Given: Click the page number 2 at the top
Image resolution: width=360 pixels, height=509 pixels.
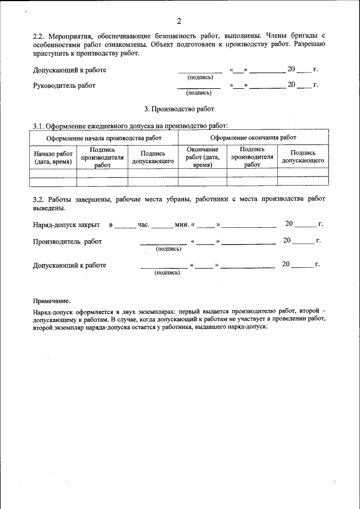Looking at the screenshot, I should click(179, 21).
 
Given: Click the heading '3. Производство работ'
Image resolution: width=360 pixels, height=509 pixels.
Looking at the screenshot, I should click(179, 107).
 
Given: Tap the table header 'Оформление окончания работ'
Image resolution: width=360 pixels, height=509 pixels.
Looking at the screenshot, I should click(253, 137).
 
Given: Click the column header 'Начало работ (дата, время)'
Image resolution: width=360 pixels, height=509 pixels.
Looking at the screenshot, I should click(53, 158).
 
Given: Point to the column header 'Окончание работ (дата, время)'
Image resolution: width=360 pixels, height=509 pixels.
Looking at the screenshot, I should click(202, 158).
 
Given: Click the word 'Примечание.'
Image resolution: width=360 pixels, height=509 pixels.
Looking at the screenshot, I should click(51, 301).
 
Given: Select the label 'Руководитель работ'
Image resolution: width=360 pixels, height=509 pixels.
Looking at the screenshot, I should click(64, 85).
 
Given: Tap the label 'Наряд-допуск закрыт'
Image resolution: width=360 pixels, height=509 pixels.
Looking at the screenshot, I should click(66, 225).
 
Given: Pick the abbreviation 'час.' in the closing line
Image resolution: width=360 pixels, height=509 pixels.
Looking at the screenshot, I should click(143, 225).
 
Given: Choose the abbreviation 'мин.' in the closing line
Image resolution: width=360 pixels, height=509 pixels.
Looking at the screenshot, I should click(181, 225).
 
